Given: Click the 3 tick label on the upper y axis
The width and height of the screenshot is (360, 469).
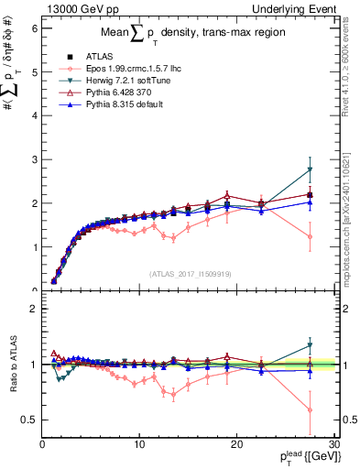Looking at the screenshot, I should click(34, 159).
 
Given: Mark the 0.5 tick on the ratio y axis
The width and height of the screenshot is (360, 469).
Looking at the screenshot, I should click(29, 420).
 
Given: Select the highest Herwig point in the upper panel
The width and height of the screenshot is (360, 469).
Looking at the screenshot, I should click(311, 169).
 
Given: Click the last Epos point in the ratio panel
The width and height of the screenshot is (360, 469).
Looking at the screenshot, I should click(311, 410).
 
